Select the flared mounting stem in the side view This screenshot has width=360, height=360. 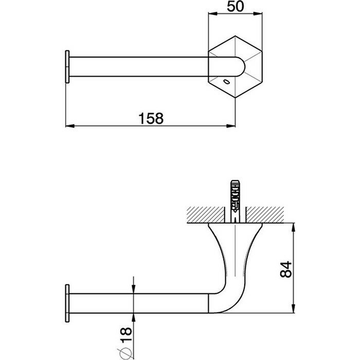coord(235,252)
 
